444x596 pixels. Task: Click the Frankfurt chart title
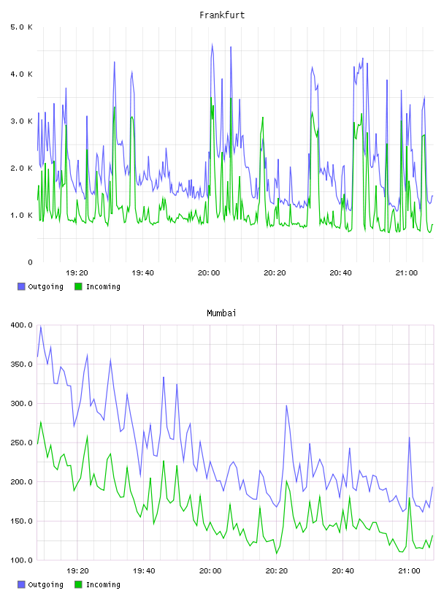tap(222, 15)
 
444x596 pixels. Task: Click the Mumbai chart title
tap(221, 313)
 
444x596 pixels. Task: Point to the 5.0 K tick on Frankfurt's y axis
tap(22, 27)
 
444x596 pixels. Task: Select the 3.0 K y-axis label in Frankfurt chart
tap(22, 121)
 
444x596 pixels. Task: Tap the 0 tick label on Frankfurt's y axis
tap(30, 262)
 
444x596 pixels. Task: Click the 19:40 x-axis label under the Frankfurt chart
tap(142, 273)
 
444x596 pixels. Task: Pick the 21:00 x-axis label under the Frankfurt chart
tap(406, 273)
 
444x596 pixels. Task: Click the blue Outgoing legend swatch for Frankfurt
tap(21, 286)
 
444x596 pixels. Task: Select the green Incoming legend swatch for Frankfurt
tap(78, 286)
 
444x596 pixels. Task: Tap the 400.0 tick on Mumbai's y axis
tap(22, 325)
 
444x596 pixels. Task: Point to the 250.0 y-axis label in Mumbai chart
tap(22, 443)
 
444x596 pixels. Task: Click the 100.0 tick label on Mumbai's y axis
tap(22, 560)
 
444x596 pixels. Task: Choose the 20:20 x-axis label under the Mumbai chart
tap(276, 571)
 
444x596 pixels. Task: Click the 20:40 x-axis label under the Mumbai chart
tap(343, 571)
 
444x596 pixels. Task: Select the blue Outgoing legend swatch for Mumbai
tap(21, 584)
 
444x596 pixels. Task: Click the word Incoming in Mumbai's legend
tap(103, 585)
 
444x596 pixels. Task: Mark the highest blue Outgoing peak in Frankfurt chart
tap(212, 44)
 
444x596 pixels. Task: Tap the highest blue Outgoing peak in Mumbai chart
tap(41, 326)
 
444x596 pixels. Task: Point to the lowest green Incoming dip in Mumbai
tap(276, 554)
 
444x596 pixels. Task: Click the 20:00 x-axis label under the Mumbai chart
tap(210, 571)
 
